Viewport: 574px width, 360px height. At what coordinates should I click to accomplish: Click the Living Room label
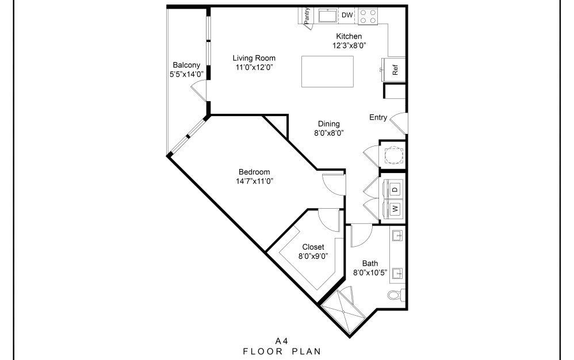pos(254,58)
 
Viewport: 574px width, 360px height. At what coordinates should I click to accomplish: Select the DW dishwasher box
pos(347,15)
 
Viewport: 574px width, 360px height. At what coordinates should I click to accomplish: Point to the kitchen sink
pos(328,16)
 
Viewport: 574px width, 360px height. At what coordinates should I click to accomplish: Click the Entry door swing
pos(399,121)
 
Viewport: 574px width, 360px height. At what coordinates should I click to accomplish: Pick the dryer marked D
pos(395,188)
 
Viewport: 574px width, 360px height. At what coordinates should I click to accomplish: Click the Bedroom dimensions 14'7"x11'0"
pos(254,181)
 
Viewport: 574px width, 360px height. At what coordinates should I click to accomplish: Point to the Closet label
pos(313,247)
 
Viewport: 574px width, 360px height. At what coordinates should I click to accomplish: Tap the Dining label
pos(329,124)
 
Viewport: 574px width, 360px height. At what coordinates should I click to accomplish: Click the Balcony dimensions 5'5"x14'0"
pos(186,74)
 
